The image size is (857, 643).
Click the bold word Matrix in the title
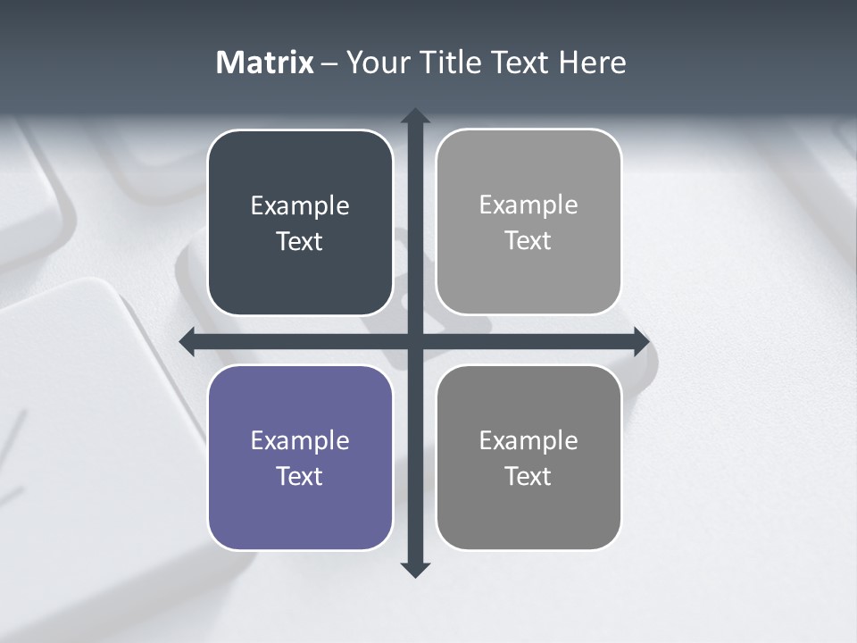pos(265,63)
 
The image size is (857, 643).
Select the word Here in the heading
pos(593,63)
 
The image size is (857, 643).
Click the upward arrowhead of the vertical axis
pos(415,115)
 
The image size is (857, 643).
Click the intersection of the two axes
pos(415,341)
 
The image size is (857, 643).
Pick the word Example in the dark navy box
pos(300,206)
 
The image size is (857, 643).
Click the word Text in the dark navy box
pos(300,242)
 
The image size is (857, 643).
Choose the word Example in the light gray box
pos(528,205)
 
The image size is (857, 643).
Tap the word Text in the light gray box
pos(528,241)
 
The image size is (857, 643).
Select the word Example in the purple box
pos(300,440)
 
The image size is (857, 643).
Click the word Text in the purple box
pos(300,476)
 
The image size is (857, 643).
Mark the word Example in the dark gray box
pos(528,440)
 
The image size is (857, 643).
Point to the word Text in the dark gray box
pos(528,476)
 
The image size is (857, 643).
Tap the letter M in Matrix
pos(229,63)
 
